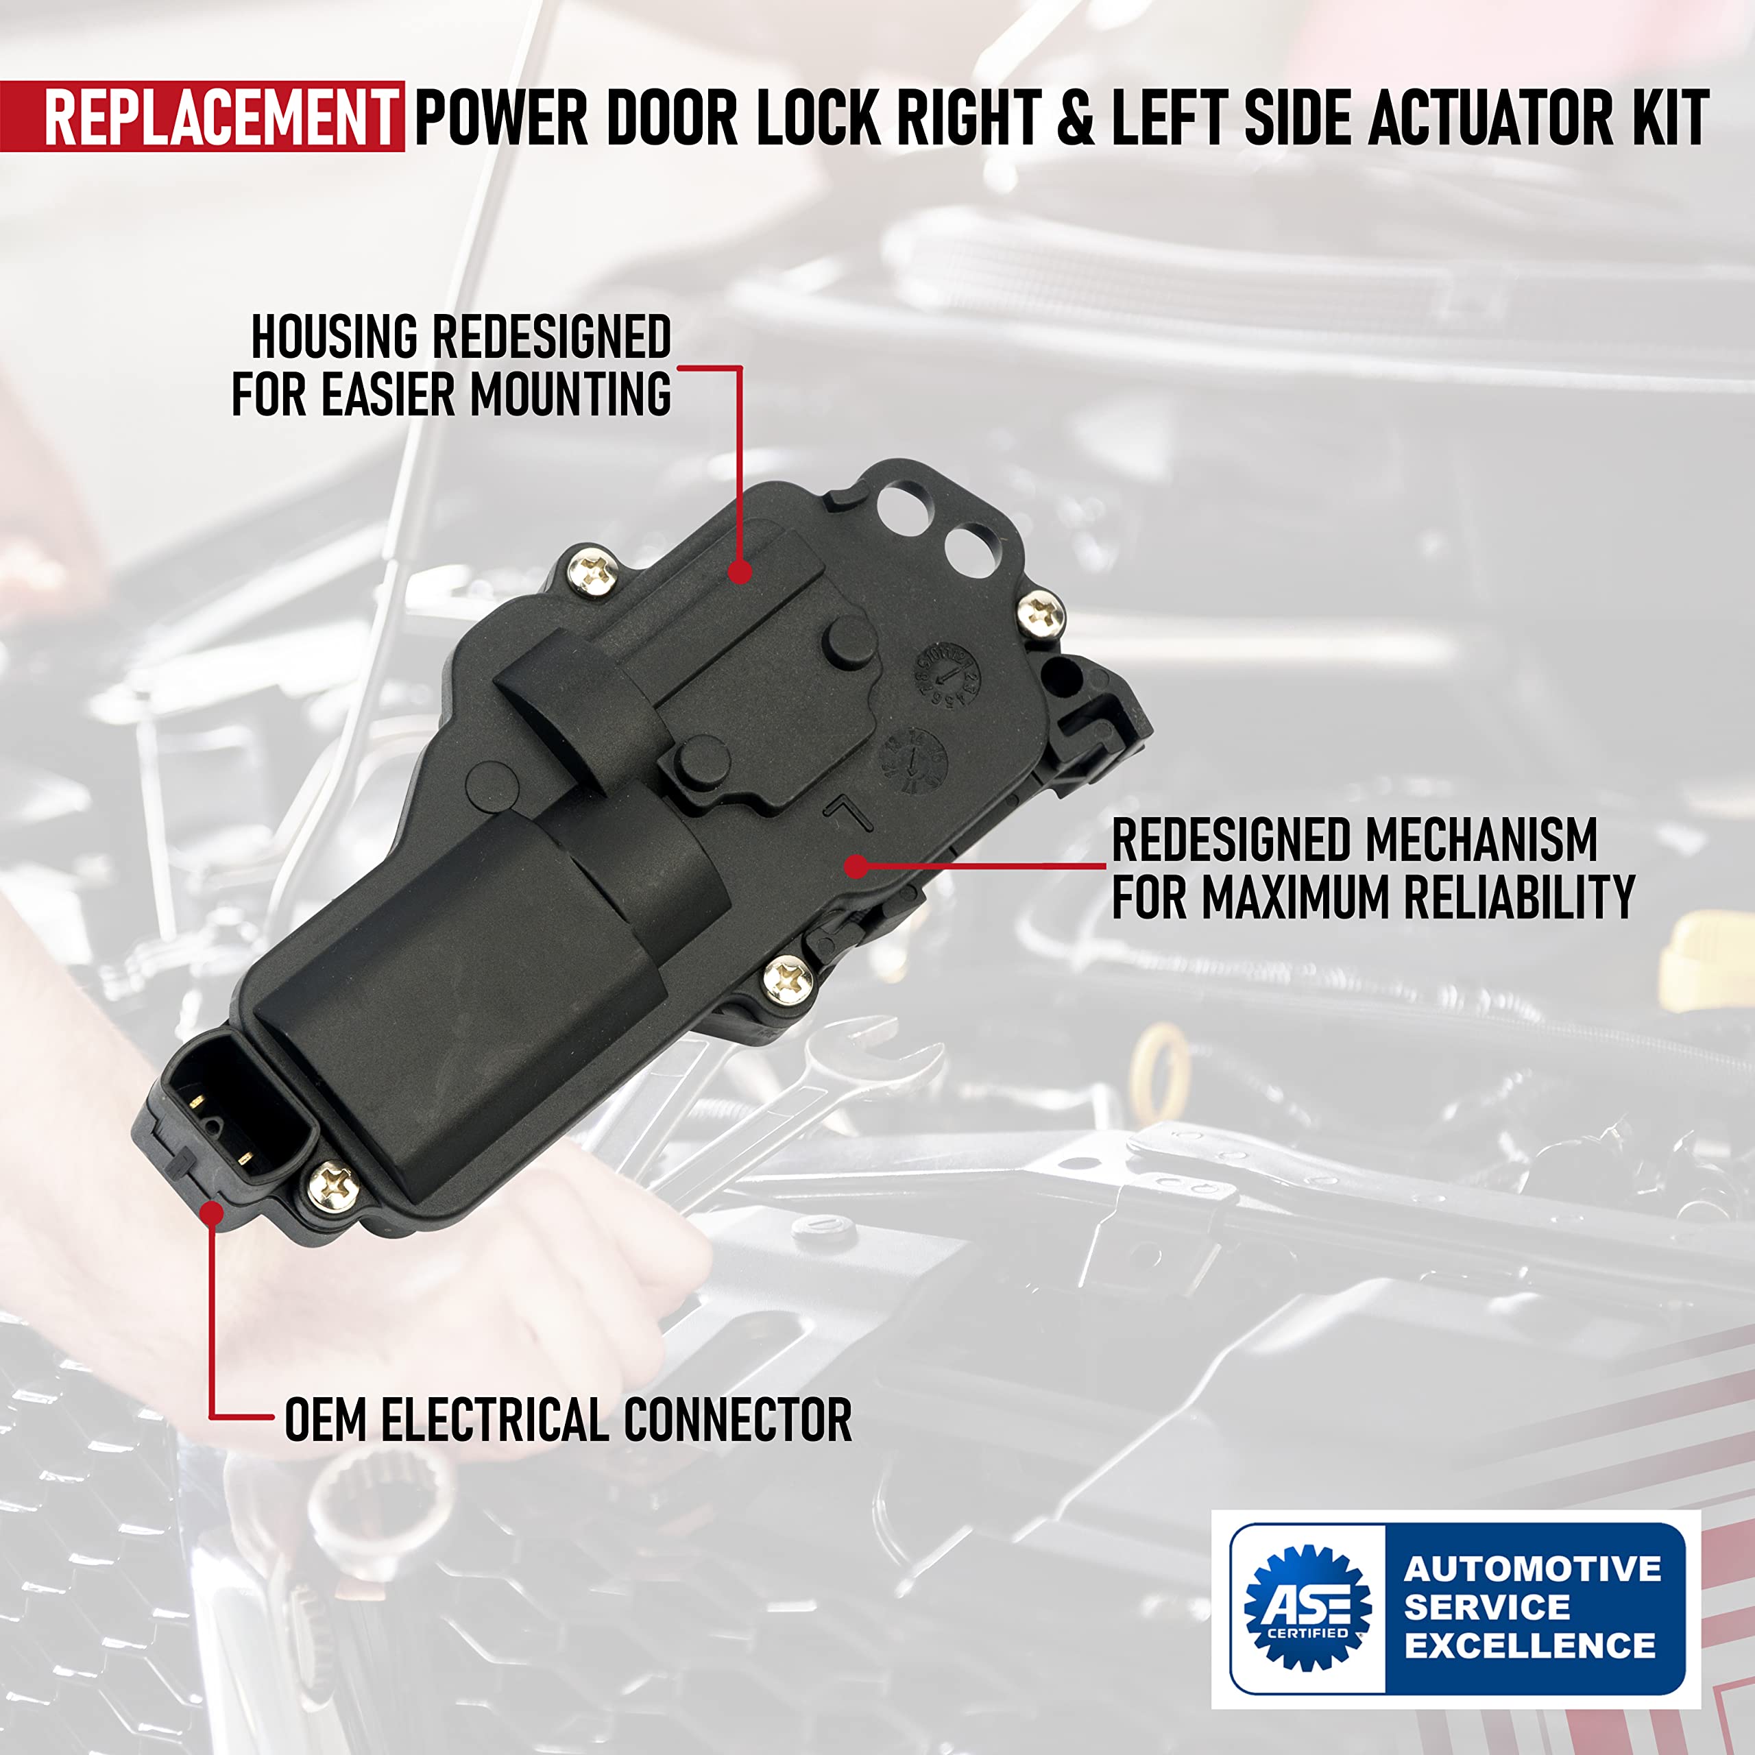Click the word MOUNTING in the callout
click(x=570, y=395)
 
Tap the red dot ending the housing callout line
click(x=740, y=571)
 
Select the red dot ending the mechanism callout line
click(x=854, y=866)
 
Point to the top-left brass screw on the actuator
click(x=592, y=574)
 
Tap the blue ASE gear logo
click(x=1307, y=1607)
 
